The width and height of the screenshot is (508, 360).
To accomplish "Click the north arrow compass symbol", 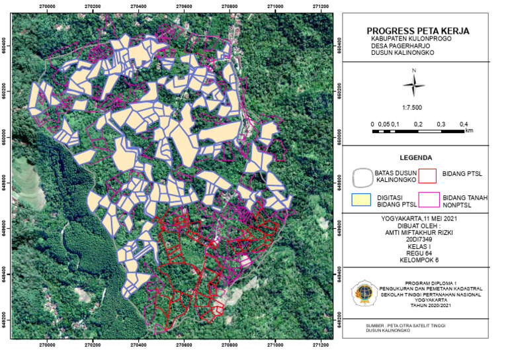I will coord(413,84).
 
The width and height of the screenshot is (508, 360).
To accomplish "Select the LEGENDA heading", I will coord(416,159).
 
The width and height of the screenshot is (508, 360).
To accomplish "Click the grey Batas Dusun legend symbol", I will coord(363,177).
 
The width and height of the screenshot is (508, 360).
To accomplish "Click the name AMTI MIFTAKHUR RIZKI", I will coord(415,233).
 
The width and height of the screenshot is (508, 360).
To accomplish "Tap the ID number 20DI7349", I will coord(415,240).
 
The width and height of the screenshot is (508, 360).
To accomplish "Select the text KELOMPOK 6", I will coord(415,261).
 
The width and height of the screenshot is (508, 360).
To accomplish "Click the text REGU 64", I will coord(415,253).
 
